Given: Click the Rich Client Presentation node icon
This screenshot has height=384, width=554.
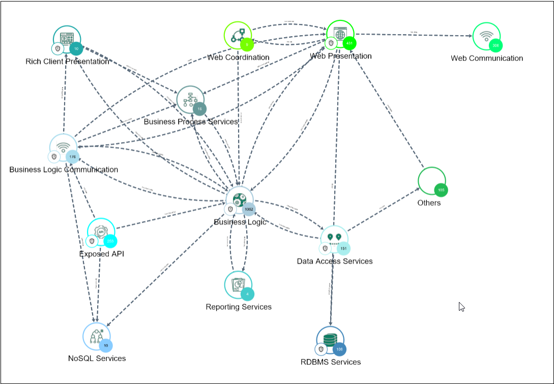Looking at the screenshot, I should coord(67,38).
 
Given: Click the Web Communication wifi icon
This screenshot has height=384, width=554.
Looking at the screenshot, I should coord(486,36).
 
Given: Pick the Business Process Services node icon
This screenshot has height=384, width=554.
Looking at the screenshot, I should coord(190,99).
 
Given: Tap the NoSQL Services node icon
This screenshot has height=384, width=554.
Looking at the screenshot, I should coord(96,336).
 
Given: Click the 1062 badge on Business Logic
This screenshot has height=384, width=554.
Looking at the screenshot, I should coord(248,209).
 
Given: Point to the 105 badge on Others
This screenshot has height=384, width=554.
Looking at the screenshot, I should coord(441,190).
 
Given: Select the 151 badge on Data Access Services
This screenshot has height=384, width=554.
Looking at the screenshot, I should coord(343,249).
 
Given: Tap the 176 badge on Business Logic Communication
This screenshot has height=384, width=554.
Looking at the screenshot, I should coord(72,156).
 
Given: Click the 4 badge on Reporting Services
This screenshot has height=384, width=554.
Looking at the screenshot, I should coord(247,294).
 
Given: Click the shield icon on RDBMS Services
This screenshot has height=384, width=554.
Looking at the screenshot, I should coord(321,349).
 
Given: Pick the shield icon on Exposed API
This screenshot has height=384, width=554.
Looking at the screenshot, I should coord(92,241).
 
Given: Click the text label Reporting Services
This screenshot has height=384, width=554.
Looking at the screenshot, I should coord(239,307).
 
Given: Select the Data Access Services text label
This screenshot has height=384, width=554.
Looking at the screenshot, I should coord(335,261).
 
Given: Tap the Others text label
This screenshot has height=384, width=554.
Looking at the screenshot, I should coord(429,203).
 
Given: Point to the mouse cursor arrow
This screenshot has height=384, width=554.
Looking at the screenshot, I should coord(461,307).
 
